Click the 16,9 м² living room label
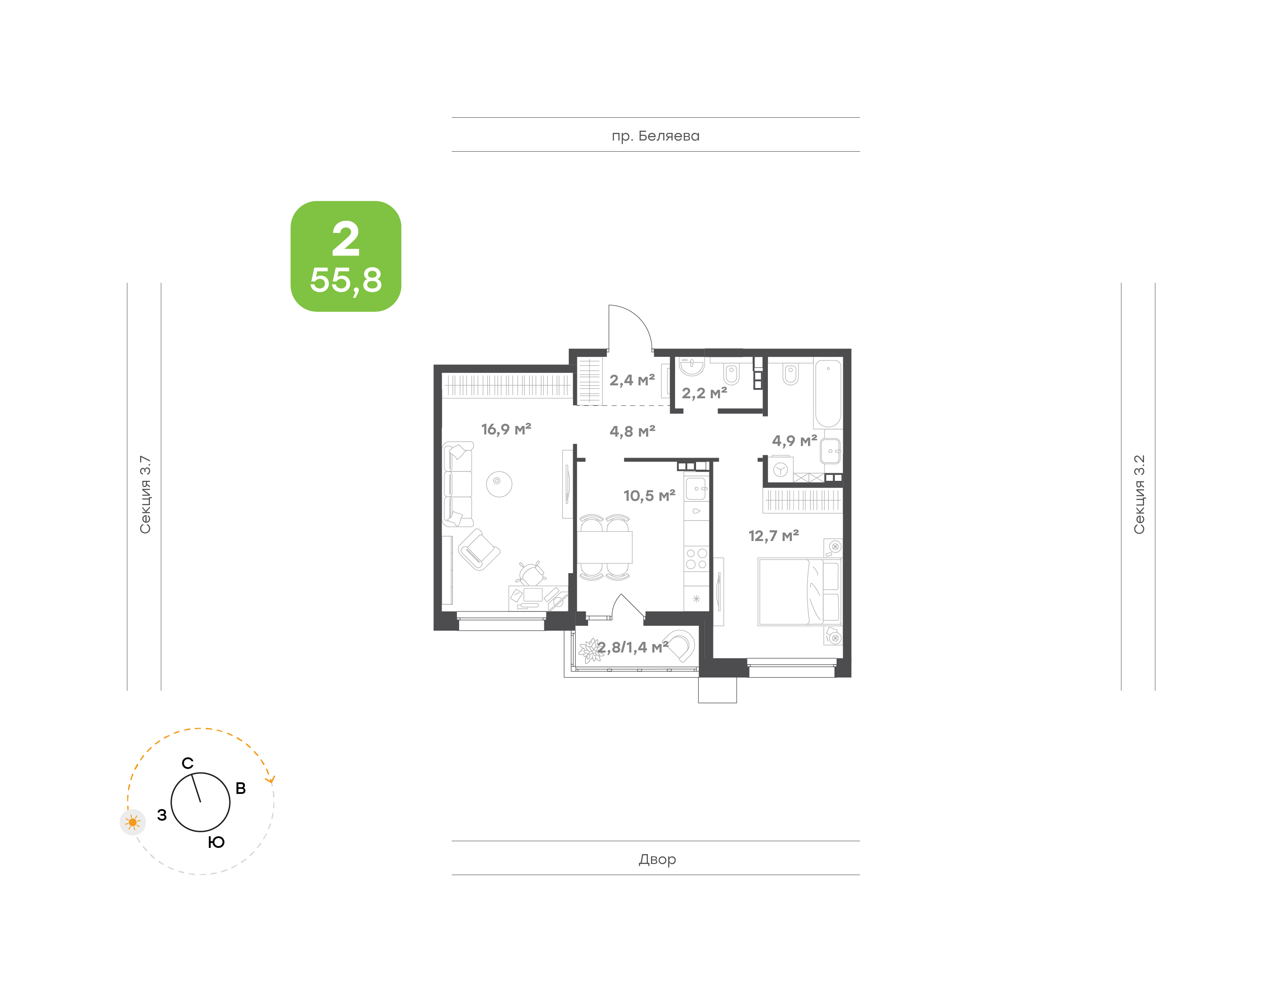coord(506,429)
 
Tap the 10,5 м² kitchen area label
coord(649,496)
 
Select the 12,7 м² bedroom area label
coord(773,536)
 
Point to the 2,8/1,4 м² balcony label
coord(633,648)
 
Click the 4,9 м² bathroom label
coord(795,441)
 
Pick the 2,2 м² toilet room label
coord(704,393)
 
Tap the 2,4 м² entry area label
coord(632,380)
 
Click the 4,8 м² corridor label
coord(632,431)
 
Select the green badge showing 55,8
coord(346,256)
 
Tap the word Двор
coord(657,859)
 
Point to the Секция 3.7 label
coord(145,495)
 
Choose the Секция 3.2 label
coord(1139,495)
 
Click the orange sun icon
coord(133,822)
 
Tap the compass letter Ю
coord(216,842)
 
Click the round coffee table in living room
coord(499,484)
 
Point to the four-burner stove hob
coord(696,559)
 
